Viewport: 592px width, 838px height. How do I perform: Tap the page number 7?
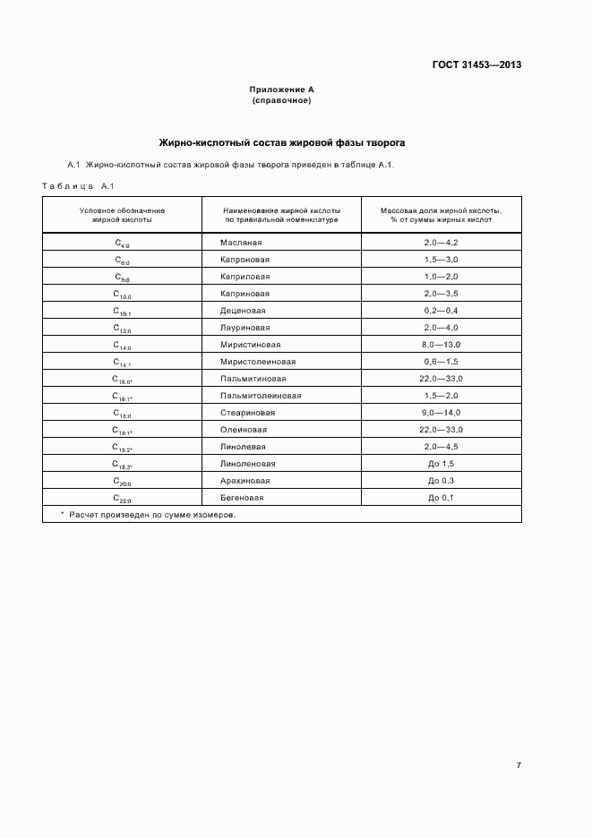pyautogui.click(x=519, y=765)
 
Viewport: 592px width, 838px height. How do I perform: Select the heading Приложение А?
pyautogui.click(x=281, y=90)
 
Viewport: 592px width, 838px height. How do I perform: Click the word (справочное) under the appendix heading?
pyautogui.click(x=281, y=100)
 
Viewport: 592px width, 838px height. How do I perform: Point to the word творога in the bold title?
pyautogui.click(x=383, y=141)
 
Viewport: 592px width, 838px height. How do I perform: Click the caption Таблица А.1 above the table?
pyautogui.click(x=75, y=185)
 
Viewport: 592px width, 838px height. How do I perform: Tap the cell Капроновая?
pyautogui.click(x=245, y=260)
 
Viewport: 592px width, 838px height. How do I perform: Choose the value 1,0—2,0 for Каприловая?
pyautogui.click(x=441, y=277)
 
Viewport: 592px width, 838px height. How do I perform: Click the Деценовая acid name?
pyautogui.click(x=243, y=310)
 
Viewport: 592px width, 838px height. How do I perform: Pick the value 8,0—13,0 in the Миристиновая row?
pyautogui.click(x=441, y=344)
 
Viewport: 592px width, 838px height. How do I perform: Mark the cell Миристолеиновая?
pyautogui.click(x=258, y=362)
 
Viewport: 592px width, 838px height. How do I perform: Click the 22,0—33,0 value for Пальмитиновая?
pyautogui.click(x=441, y=378)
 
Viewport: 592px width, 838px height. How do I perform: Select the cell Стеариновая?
pyautogui.click(x=247, y=413)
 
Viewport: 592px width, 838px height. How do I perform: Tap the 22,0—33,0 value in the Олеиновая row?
pyautogui.click(x=441, y=430)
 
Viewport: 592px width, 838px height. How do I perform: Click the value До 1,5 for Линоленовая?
pyautogui.click(x=441, y=464)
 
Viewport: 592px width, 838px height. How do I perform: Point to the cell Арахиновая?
pyautogui.click(x=245, y=481)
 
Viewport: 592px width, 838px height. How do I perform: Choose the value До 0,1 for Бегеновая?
pyautogui.click(x=441, y=497)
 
